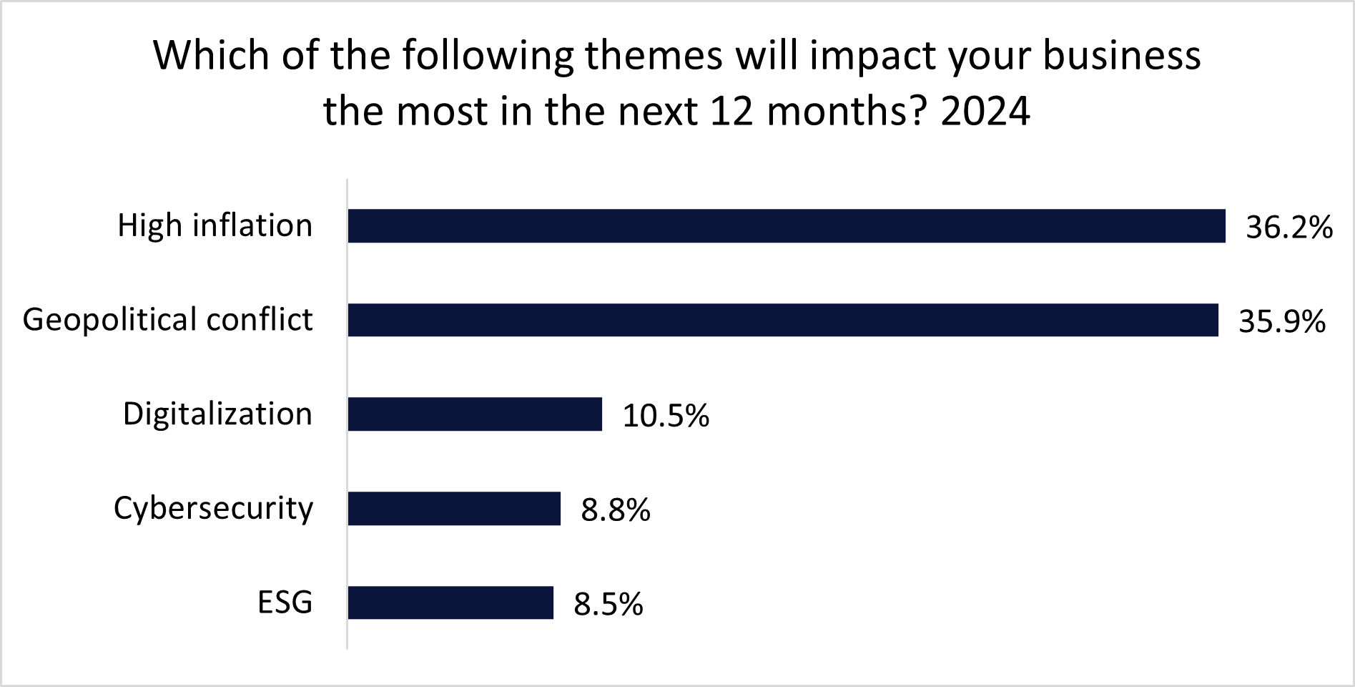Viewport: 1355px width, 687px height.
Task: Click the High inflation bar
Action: (x=786, y=226)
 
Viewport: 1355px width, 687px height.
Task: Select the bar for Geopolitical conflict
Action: (x=782, y=320)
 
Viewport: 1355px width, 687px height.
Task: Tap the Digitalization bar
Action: (x=475, y=414)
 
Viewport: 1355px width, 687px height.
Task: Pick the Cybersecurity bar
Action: (x=454, y=509)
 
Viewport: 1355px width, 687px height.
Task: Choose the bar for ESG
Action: (x=450, y=603)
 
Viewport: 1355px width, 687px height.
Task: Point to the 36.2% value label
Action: (x=1289, y=228)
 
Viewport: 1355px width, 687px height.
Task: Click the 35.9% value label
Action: (x=1281, y=322)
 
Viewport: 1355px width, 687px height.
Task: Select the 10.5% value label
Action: (x=666, y=416)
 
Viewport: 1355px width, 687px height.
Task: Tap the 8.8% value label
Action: (x=615, y=511)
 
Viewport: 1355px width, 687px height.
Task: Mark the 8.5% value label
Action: (x=608, y=605)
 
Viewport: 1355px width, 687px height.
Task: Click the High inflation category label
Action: (x=215, y=225)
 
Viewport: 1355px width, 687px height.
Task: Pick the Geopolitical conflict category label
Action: (x=167, y=319)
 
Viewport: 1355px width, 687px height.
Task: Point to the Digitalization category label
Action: (x=217, y=414)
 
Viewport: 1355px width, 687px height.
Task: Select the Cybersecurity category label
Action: (x=213, y=508)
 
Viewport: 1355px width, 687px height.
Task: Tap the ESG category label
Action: (x=285, y=603)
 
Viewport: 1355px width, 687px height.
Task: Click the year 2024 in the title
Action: (x=985, y=111)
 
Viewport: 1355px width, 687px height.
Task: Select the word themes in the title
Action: (x=654, y=56)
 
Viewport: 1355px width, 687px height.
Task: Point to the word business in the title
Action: (x=1121, y=56)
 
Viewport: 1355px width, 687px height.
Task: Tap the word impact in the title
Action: (x=872, y=56)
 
